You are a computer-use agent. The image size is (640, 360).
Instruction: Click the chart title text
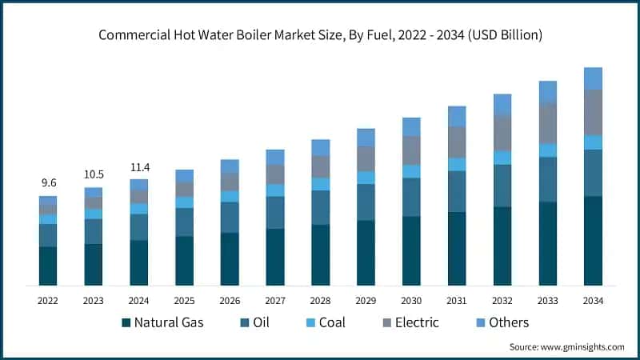320,35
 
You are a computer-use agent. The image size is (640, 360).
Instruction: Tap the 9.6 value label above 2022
48,183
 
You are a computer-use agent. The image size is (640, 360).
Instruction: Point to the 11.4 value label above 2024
139,167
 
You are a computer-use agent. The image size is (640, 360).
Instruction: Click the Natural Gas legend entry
162,322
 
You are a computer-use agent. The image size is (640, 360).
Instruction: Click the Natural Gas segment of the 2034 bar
593,241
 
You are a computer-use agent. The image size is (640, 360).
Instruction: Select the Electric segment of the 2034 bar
593,112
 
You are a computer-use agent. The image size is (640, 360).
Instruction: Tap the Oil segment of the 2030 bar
411,197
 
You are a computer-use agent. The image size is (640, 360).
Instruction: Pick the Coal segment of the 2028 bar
321,184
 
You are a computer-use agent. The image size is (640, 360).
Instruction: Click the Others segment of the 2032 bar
502,105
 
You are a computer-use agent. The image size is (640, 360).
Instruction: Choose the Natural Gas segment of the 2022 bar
48,266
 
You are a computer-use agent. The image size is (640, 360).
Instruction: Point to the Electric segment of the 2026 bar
230,182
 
